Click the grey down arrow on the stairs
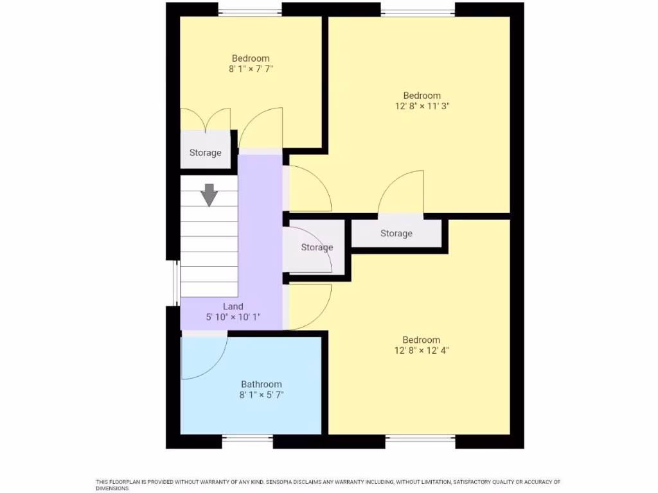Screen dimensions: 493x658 [209, 195]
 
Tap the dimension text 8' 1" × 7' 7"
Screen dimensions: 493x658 [251, 69]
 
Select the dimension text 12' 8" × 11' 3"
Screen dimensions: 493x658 [422, 107]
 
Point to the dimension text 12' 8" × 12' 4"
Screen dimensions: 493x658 [422, 350]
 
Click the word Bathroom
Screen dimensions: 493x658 [261, 384]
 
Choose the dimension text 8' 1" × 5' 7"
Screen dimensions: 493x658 [261, 395]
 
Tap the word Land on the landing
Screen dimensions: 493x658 [233, 306]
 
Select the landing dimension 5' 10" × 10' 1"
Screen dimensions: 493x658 [233, 317]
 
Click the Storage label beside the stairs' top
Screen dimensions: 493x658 [205, 153]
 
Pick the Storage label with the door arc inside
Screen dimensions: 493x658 [317, 247]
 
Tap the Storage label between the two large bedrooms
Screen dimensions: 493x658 [396, 233]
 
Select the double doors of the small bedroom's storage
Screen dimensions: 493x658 [205, 119]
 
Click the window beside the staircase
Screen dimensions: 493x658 [175, 282]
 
